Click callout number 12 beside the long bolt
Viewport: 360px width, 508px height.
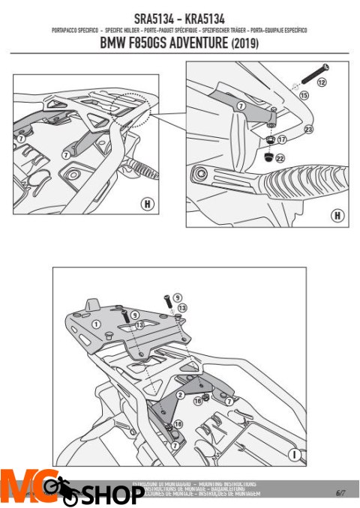pyautogui.click(x=322, y=82)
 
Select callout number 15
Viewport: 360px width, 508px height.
pyautogui.click(x=304, y=96)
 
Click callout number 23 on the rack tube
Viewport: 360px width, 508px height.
pyautogui.click(x=308, y=130)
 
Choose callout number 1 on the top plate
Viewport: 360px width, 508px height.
pyautogui.click(x=97, y=324)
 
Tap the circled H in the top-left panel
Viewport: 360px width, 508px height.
pyautogui.click(x=148, y=204)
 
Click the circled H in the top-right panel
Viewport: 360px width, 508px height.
pyautogui.click(x=337, y=215)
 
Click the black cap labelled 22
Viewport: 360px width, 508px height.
pyautogui.click(x=267, y=157)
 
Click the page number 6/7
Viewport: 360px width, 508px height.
pyautogui.click(x=340, y=492)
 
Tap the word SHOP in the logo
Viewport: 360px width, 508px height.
pyautogui.click(x=112, y=495)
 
